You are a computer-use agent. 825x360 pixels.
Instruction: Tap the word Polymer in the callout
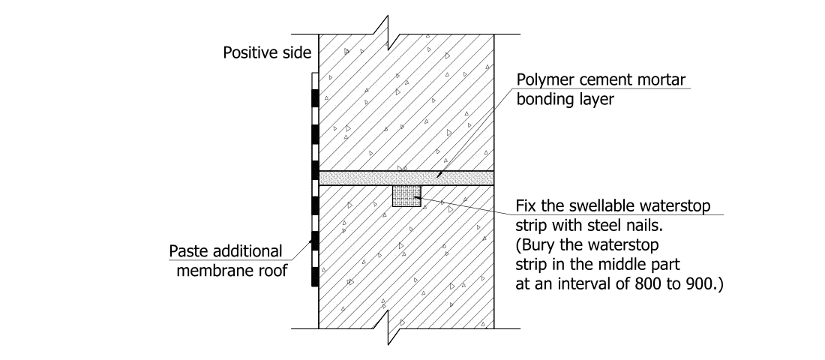[542, 81]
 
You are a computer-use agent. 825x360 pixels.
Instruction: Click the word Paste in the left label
[188, 251]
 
